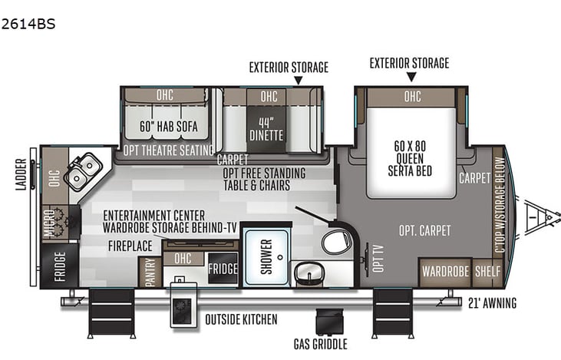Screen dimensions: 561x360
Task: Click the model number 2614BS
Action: (28, 24)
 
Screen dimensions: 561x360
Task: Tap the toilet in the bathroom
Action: (336, 242)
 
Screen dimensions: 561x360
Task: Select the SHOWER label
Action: (266, 256)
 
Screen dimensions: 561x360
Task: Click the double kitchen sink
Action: (84, 171)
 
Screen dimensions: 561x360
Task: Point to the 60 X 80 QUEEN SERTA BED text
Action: (410, 158)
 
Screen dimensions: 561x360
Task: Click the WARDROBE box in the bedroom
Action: (445, 272)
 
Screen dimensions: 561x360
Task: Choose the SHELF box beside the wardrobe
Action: (487, 272)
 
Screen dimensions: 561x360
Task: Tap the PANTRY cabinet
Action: (150, 272)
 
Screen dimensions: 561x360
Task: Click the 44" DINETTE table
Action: (266, 129)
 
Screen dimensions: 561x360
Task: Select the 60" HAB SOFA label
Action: (169, 127)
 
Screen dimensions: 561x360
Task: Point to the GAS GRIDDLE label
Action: (321, 344)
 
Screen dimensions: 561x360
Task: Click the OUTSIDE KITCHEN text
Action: (241, 319)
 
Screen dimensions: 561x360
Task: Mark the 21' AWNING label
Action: (492, 303)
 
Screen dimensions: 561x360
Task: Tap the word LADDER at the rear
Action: (21, 174)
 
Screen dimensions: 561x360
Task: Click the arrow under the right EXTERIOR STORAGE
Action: (411, 77)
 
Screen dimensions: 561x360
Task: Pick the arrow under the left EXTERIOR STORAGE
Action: (298, 81)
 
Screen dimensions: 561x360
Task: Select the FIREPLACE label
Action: (130, 246)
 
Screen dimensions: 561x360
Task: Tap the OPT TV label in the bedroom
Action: (378, 259)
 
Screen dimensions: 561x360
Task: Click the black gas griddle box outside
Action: (329, 322)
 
